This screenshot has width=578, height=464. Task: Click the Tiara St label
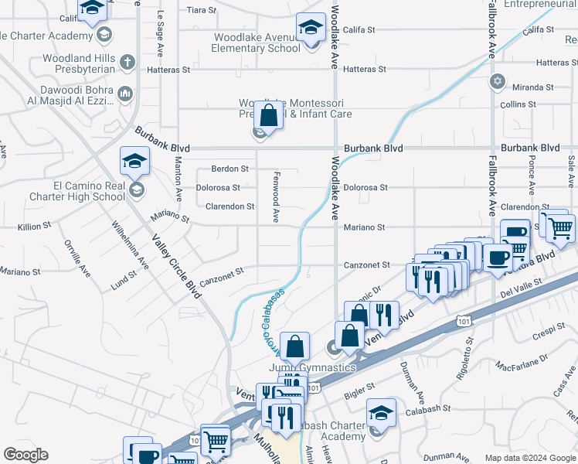202,10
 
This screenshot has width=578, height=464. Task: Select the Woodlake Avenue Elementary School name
258,43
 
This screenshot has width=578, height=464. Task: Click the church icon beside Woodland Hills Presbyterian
127,60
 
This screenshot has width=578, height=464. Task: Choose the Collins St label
518,104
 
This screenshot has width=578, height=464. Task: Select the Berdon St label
230,168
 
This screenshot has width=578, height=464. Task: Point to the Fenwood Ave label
275,199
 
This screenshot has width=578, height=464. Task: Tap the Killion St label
34,227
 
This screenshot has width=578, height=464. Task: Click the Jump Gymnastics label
312,367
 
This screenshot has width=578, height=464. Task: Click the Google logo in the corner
25,455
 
